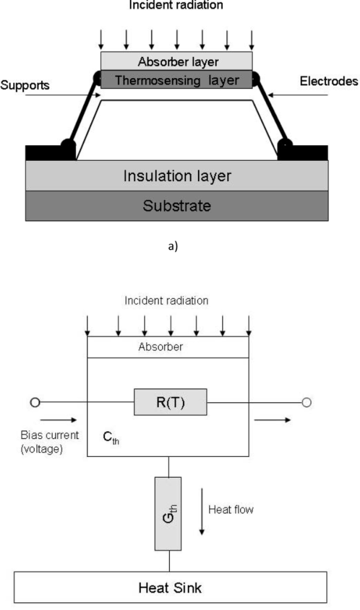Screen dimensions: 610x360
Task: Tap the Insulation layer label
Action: [x=176, y=176]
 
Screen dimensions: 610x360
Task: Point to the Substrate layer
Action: [x=176, y=206]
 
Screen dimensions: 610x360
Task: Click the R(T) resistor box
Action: [x=170, y=403]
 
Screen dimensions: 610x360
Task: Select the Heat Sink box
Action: [x=170, y=587]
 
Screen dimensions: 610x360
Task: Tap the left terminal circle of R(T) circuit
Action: [x=35, y=403]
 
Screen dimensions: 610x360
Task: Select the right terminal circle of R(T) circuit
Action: [x=306, y=403]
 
